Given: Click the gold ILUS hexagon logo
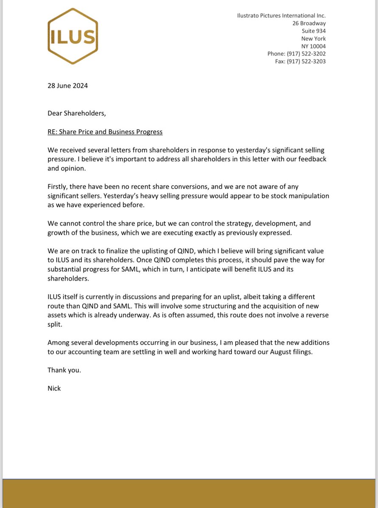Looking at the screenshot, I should [73, 36].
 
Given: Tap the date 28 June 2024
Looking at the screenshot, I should [67, 86].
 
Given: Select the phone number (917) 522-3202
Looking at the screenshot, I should [306, 54].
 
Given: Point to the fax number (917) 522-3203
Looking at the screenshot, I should [306, 61].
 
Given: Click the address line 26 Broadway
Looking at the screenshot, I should [309, 23].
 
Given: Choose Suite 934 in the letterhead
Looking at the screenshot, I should [314, 31].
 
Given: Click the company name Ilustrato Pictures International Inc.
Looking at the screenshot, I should [281, 16].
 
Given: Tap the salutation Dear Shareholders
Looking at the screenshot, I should [76, 113].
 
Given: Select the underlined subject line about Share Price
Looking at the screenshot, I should [105, 132].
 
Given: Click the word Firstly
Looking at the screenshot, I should [58, 187].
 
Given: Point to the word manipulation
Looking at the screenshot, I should [307, 196].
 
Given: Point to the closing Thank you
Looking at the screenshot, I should [64, 370].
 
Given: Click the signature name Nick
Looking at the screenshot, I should [54, 388].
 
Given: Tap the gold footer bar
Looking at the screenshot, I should [189, 493].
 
